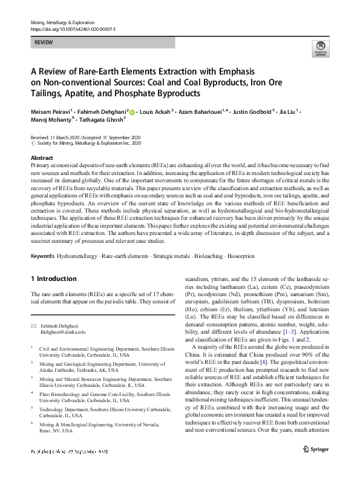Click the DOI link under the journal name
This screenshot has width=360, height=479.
[72, 28]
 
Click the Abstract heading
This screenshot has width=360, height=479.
[42, 157]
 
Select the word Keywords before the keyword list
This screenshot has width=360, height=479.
[42, 256]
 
